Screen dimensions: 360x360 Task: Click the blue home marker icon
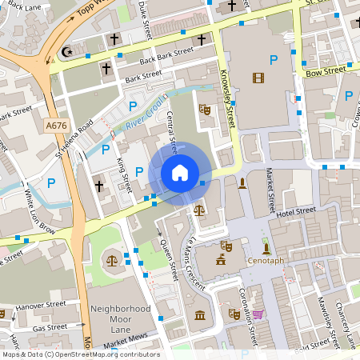[180, 172]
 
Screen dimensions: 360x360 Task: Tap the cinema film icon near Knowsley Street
[258, 78]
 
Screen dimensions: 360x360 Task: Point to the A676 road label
[56, 126]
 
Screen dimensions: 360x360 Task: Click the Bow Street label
[325, 71]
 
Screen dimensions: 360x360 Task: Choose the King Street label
[124, 175]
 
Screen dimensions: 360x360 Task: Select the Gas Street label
[50, 327]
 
